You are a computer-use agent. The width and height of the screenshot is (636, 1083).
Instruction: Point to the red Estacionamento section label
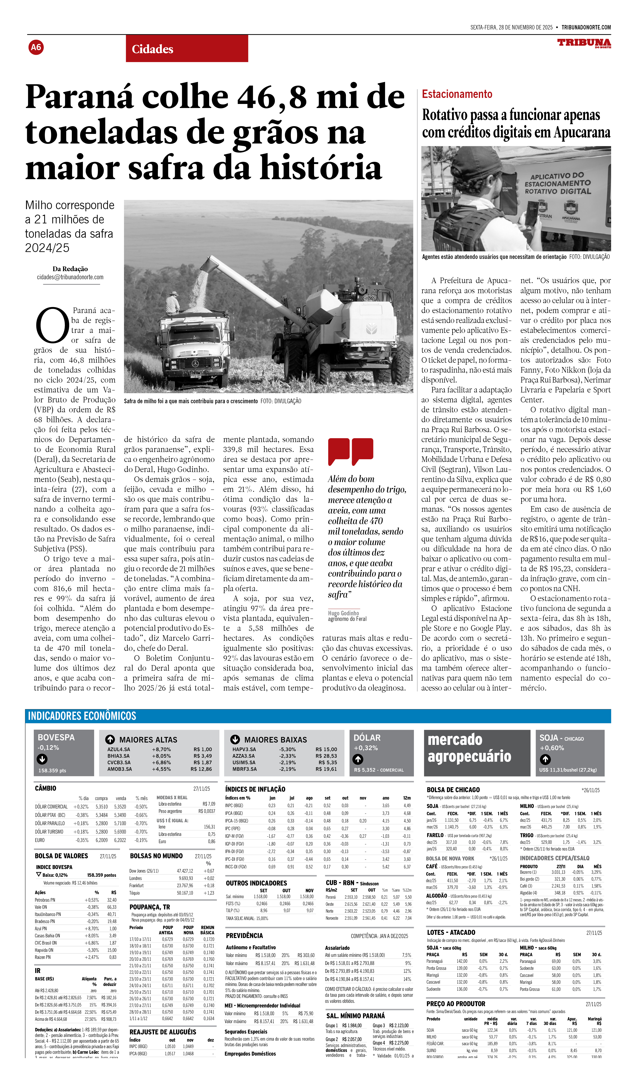(457, 94)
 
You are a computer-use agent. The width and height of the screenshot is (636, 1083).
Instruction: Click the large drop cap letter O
(52, 325)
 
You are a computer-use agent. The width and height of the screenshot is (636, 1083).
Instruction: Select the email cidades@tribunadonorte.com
(70, 277)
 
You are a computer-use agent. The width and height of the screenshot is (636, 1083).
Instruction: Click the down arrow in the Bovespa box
(42, 759)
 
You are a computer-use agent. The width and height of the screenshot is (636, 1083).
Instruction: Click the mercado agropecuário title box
(477, 753)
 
